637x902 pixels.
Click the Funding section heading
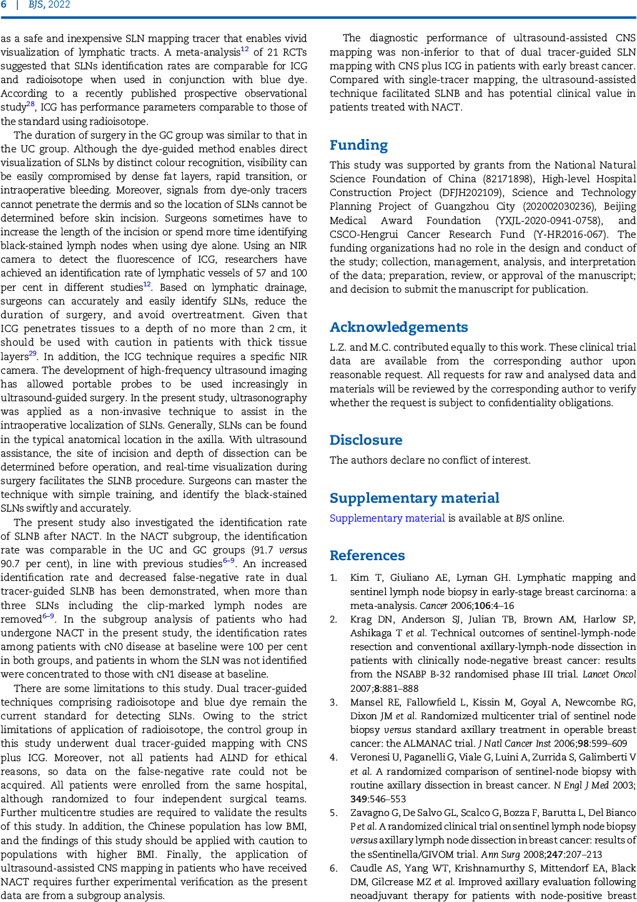(x=358, y=145)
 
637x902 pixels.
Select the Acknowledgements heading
(x=398, y=327)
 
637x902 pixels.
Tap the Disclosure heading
(x=366, y=440)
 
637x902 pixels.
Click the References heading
(x=367, y=556)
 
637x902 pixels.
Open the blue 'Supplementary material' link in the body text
(x=387, y=518)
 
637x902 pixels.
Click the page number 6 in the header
(x=4, y=5)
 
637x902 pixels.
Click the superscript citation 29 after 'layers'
(x=32, y=354)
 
